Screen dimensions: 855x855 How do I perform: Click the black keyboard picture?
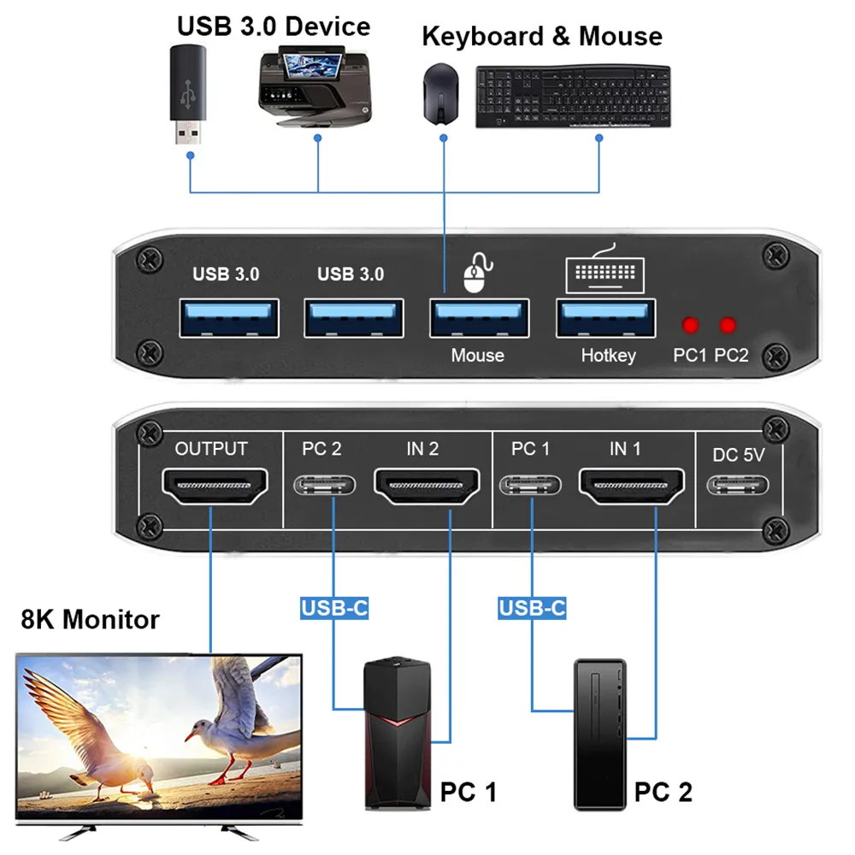[572, 97]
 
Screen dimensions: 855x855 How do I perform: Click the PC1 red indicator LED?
[689, 326]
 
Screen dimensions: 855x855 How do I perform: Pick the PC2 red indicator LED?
[728, 326]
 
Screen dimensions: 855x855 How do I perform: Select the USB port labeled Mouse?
[478, 318]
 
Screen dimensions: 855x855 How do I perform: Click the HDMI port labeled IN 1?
[633, 486]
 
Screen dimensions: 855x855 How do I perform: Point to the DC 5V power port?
[738, 486]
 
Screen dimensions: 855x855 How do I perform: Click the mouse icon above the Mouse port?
[475, 274]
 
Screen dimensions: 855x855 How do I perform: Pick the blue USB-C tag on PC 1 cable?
[334, 608]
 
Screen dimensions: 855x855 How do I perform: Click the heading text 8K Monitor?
[90, 619]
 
